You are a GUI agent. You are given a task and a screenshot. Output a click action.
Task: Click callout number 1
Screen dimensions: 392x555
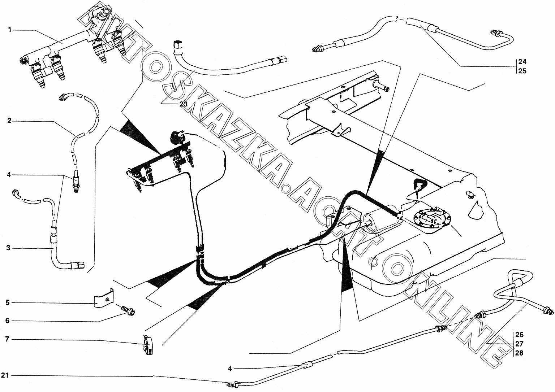[10, 30]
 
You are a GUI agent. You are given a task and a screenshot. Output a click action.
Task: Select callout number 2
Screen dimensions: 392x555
[9, 121]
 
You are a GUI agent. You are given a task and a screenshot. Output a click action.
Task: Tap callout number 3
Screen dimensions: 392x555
[9, 248]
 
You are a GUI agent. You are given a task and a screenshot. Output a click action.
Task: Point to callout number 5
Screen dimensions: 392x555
[8, 302]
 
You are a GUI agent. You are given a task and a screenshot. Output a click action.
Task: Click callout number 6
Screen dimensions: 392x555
[8, 321]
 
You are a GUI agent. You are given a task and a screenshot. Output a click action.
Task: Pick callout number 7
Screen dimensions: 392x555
[8, 339]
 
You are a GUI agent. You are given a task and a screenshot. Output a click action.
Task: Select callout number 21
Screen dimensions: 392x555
[5, 375]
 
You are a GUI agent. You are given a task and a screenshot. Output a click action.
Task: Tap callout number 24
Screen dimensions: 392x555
[522, 61]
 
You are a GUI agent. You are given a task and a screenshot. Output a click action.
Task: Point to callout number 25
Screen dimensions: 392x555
[522, 71]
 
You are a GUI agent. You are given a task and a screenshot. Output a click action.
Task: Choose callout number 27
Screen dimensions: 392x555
[519, 344]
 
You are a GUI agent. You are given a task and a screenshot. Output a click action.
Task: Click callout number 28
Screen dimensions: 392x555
[519, 353]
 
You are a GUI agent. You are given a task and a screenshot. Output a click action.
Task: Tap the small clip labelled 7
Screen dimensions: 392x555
[148, 345]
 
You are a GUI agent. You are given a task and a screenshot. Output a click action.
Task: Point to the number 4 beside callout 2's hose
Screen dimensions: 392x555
[9, 175]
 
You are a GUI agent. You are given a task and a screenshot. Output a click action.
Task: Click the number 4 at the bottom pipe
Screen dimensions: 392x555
[230, 368]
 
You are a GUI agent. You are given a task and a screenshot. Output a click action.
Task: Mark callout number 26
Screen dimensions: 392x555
[519, 335]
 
